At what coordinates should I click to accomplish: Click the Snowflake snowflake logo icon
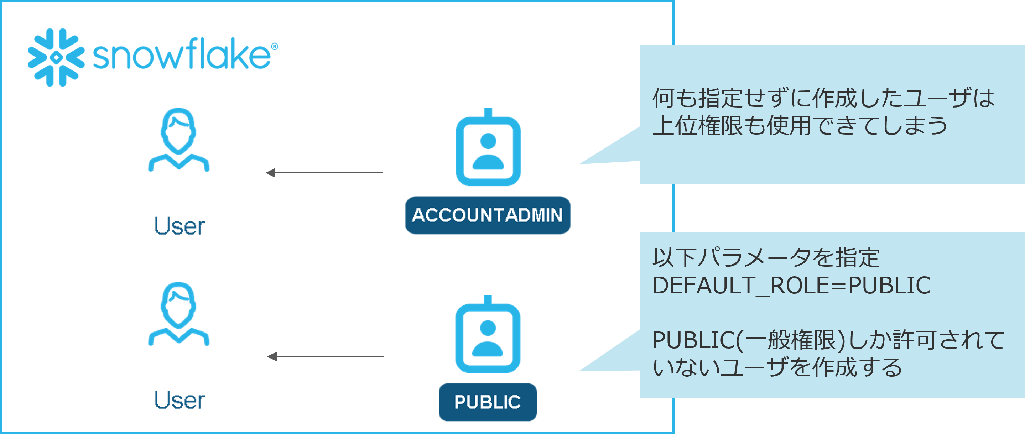56,57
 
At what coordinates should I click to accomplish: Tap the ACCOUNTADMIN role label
488,215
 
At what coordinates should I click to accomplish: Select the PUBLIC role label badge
488,402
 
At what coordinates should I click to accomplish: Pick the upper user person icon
179,140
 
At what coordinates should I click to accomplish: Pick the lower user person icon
179,314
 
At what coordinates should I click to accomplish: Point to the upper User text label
179,226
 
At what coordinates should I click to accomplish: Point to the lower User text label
179,400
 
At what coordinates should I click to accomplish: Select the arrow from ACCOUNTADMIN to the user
324,173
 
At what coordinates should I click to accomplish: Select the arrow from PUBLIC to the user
326,356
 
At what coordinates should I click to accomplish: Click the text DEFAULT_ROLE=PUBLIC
791,285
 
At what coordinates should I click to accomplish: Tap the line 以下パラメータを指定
766,257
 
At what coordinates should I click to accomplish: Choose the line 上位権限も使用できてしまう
800,126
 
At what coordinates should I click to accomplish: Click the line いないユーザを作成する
777,367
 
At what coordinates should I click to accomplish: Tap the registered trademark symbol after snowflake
275,47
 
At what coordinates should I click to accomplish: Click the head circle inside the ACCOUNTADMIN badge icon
488,141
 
